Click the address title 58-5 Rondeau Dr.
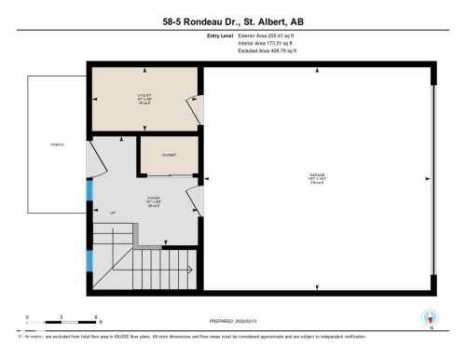(x=232, y=20)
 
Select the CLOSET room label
(x=169, y=155)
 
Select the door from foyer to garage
(x=193, y=198)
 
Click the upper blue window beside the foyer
(x=89, y=190)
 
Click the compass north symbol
(x=430, y=317)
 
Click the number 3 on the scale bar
(x=61, y=317)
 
